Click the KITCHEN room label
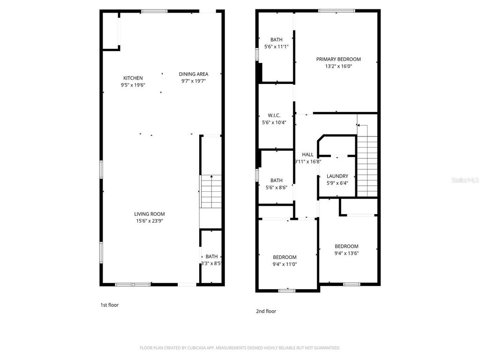click(133, 78)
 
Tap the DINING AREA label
click(194, 74)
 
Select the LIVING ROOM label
click(150, 214)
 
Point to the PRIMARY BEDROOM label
click(338, 59)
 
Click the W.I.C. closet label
click(274, 115)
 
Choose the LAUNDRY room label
click(337, 176)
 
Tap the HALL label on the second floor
click(307, 155)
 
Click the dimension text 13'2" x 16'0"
click(338, 66)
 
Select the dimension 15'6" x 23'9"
click(150, 221)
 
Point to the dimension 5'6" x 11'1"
click(277, 47)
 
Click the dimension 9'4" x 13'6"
click(346, 253)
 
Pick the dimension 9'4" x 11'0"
click(285, 264)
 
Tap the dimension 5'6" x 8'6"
click(277, 187)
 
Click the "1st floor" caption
click(110, 305)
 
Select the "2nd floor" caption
click(266, 311)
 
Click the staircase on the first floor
click(210, 192)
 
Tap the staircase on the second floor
click(367, 160)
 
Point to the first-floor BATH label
click(211, 256)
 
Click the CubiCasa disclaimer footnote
click(240, 348)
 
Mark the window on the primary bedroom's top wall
click(337, 11)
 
